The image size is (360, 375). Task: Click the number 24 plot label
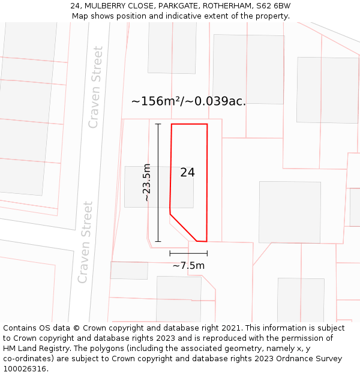pos(187,173)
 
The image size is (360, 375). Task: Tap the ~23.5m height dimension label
pos(146,182)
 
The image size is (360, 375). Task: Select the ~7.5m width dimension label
pos(188,265)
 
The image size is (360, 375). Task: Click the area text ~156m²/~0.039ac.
pos(188,101)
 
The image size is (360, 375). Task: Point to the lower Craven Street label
pos(86,242)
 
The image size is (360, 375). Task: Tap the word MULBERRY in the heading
pos(107,6)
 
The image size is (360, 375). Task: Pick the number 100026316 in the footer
pos(24,369)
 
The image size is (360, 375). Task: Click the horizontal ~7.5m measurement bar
pos(188,253)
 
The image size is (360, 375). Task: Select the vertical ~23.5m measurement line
pos(158,182)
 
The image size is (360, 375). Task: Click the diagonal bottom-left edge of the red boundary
pos(183,227)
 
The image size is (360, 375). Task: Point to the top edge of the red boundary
pos(190,124)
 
